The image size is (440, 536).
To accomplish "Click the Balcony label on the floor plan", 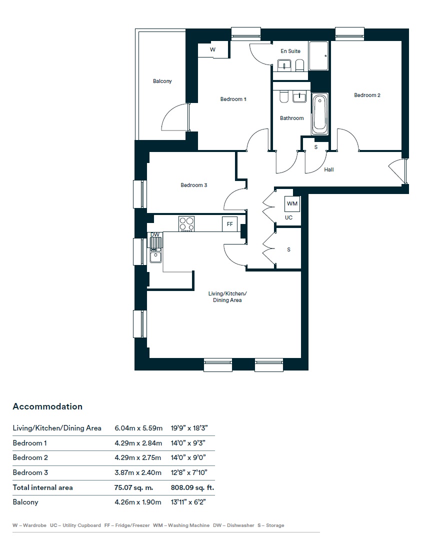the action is click(x=162, y=81).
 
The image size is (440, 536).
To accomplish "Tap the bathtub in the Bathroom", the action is click(x=319, y=114).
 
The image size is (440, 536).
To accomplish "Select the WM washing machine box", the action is click(x=292, y=203).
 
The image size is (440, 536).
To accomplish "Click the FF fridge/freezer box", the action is click(x=229, y=224).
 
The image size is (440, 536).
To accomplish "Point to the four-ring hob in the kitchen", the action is click(x=186, y=224).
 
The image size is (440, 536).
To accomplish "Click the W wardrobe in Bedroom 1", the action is click(x=212, y=49).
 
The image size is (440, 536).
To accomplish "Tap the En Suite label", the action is click(x=290, y=51).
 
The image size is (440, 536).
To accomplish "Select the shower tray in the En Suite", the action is click(x=318, y=55).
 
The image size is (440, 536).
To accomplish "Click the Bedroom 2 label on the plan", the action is click(x=367, y=95).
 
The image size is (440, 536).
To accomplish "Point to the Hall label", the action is click(x=329, y=169).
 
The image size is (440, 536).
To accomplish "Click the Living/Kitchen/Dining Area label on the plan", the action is click(x=227, y=296).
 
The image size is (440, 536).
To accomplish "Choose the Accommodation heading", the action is click(x=47, y=406).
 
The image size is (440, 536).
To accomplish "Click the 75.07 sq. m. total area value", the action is click(x=133, y=487).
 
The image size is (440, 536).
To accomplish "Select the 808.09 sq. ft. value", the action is click(x=192, y=487).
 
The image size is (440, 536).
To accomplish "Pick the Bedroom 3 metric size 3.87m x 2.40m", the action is click(x=138, y=472).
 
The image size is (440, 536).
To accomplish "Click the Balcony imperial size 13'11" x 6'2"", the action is click(x=188, y=502).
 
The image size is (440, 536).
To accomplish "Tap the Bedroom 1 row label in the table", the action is click(x=29, y=443).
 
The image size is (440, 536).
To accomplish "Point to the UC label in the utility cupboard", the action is click(x=288, y=217).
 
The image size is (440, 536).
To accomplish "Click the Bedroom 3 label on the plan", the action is click(x=194, y=185).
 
